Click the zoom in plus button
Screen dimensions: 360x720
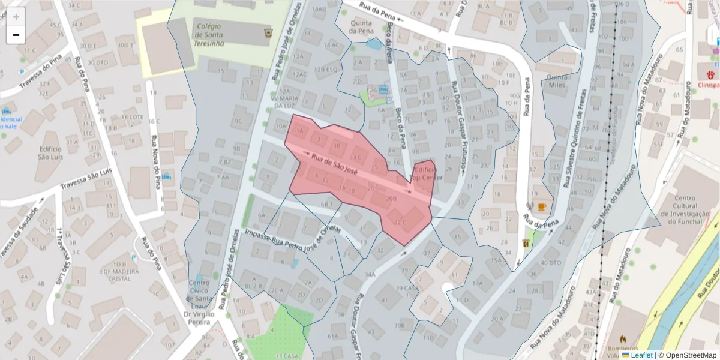tap(16, 17)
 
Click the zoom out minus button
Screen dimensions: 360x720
tap(16, 35)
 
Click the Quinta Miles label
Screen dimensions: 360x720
tap(557, 81)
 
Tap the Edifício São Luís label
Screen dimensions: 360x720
tap(50, 152)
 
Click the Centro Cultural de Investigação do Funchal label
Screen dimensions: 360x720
tap(685, 211)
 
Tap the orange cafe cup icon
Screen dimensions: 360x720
tap(542, 206)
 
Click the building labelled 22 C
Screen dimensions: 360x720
tap(401, 222)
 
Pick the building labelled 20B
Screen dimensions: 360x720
tap(391, 197)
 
